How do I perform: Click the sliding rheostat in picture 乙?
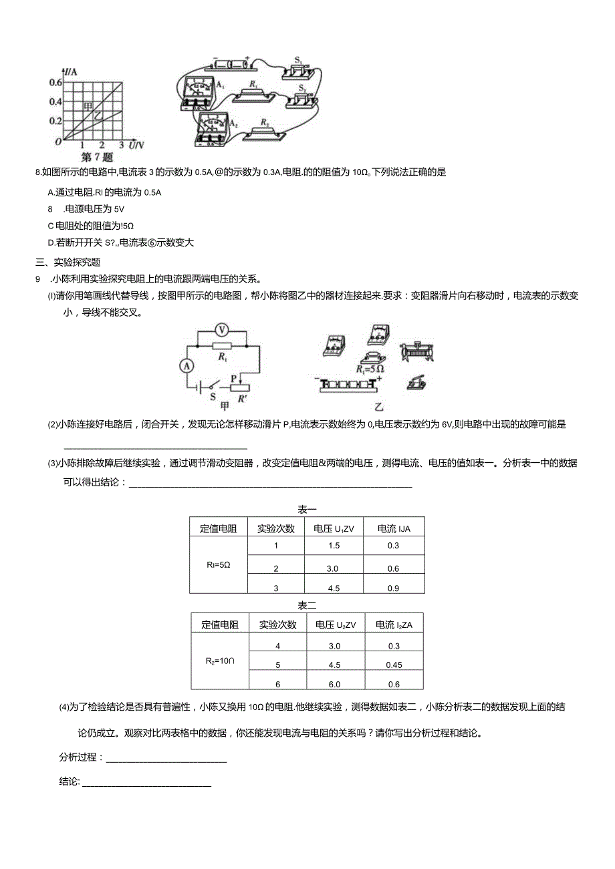pos(416,350)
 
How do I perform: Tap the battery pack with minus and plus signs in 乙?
pos(348,385)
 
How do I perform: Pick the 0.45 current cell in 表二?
pos(393,665)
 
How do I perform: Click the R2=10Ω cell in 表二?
pos(219,661)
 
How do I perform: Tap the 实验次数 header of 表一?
pos(275,528)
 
